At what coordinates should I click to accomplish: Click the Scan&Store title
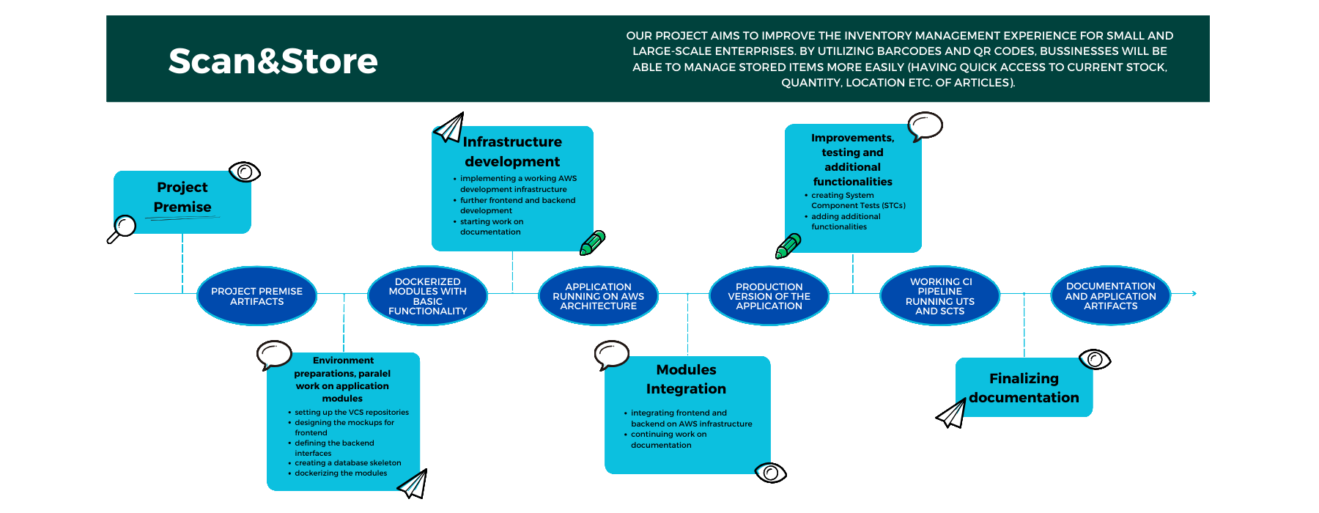[x=273, y=61]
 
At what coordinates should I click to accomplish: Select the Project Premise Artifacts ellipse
[x=256, y=296]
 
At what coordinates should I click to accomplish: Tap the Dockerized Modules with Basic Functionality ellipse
[x=427, y=296]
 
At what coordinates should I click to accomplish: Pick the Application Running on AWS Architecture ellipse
[x=598, y=296]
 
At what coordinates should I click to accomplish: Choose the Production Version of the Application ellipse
[x=769, y=296]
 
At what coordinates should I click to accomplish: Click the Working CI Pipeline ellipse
[x=939, y=296]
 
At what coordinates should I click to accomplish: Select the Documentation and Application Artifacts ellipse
[x=1110, y=296]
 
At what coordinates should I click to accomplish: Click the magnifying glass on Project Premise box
[x=122, y=227]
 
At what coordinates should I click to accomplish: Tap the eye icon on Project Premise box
[x=244, y=172]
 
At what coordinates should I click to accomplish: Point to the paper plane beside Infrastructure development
[x=449, y=128]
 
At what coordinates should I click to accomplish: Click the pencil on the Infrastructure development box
[x=592, y=243]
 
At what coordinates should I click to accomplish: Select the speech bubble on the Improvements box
[x=925, y=125]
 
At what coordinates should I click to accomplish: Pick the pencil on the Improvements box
[x=788, y=246]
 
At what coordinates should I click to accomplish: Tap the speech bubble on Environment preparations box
[x=275, y=354]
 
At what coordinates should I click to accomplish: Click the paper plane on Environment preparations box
[x=413, y=484]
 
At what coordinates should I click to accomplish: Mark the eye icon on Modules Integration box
[x=769, y=473]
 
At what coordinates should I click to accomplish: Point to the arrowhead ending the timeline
[x=1193, y=293]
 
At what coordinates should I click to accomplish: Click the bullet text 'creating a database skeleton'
[x=347, y=463]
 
